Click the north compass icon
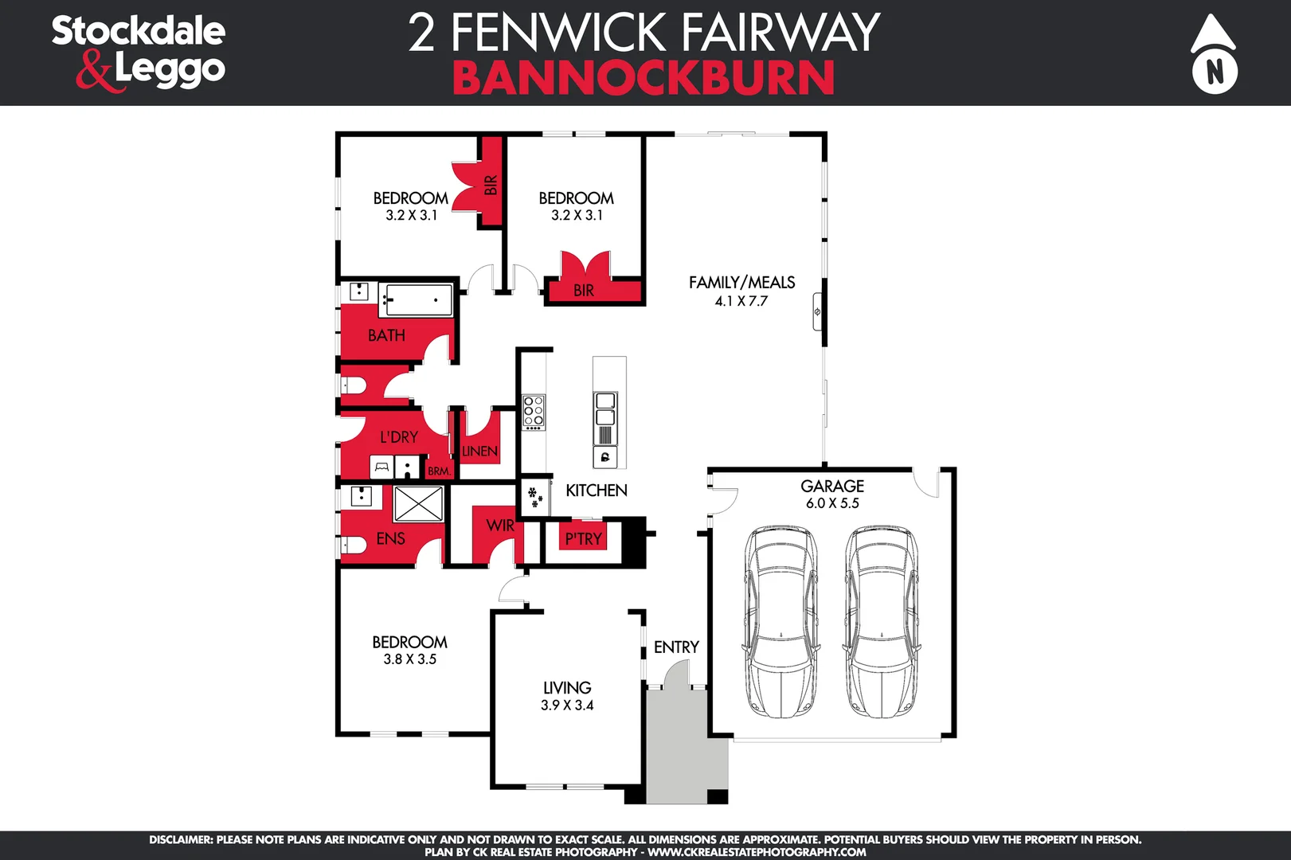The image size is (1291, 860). (1214, 54)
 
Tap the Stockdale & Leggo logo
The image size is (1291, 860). (139, 52)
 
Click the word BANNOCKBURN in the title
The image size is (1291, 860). (644, 78)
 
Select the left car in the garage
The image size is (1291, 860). (781, 621)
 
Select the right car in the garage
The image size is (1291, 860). (881, 621)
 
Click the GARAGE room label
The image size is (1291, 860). (832, 486)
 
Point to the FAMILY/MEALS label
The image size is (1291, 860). (741, 283)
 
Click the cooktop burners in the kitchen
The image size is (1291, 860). (534, 412)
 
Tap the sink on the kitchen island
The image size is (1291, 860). (605, 408)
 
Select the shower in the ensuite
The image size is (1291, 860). (418, 504)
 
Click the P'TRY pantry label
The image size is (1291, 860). (583, 539)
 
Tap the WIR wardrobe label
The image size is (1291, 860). (499, 526)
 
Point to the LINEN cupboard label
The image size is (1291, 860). (479, 451)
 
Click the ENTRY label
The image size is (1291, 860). (676, 647)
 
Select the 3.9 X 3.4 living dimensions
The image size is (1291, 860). (567, 706)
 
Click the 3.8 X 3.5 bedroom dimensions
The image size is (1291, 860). (409, 659)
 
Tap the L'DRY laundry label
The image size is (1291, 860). (398, 437)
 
